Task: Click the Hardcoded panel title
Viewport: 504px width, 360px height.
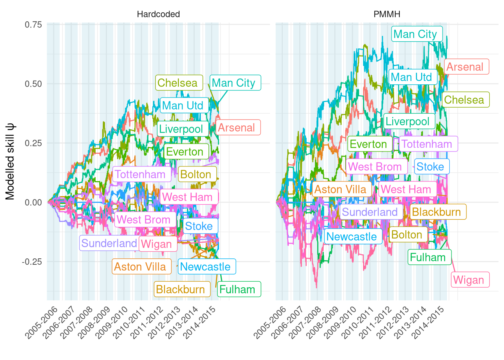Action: pos(158,14)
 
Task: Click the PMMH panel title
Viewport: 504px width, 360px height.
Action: pos(387,14)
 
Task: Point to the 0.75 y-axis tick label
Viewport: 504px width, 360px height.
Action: pos(33,25)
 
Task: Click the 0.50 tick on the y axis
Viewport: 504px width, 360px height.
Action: pos(33,84)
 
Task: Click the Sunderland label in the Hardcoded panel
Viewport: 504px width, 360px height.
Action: pos(109,243)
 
